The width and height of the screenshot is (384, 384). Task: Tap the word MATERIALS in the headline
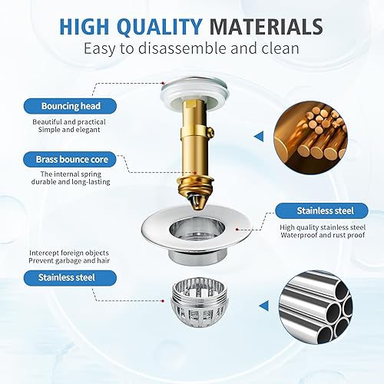coord(266,27)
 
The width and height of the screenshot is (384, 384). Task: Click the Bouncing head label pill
coord(70,106)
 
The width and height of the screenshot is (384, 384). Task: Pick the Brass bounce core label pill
coord(70,159)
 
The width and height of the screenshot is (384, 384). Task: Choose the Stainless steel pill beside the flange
coord(322,210)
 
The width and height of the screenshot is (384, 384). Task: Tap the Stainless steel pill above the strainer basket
coord(70,278)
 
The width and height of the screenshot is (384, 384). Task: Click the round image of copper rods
coord(310,137)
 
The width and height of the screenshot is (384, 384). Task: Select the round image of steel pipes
coord(316,306)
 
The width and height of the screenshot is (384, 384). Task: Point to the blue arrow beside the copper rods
coord(259,137)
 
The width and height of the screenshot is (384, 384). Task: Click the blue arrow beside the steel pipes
coord(263,306)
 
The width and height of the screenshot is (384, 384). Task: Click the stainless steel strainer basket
coord(197,303)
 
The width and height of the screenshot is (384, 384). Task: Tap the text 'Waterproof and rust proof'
coord(323,235)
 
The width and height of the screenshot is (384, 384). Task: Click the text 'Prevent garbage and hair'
coord(69,261)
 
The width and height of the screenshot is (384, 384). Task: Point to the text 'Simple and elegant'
coord(69,130)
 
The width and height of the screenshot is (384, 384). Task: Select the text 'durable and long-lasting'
coord(71,182)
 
